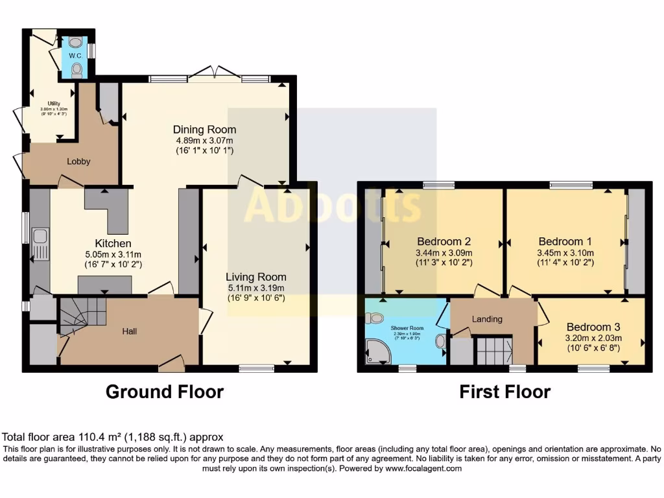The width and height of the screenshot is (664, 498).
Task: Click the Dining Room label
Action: tap(204, 129)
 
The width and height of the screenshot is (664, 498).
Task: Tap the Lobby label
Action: tap(78, 161)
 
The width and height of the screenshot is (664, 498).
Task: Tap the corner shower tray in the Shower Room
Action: tap(377, 352)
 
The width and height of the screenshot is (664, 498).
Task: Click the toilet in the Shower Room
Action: tap(373, 318)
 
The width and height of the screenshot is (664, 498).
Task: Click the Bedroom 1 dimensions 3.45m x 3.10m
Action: tap(565, 253)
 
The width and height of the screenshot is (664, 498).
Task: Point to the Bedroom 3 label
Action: tap(593, 327)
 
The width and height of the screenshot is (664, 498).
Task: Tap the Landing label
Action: tap(486, 318)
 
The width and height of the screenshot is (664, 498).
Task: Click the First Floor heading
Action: tap(504, 392)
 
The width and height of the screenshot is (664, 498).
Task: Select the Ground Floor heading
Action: tap(165, 392)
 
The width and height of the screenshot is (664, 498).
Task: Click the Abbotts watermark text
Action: tap(333, 206)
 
